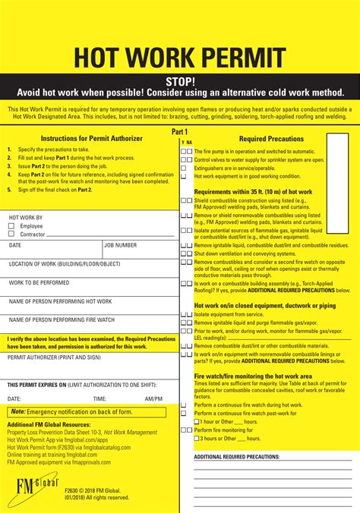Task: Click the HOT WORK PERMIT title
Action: pyautogui.click(x=179, y=58)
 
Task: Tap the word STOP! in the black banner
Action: pyautogui.click(x=180, y=81)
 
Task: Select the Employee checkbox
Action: pyautogui.click(x=11, y=226)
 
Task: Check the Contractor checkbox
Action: pyautogui.click(x=11, y=234)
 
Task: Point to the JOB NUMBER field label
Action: pyautogui.click(x=121, y=245)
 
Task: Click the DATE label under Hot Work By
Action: pyautogui.click(x=15, y=245)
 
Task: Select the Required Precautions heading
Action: pyautogui.click(x=271, y=139)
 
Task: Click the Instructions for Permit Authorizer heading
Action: pyautogui.click(x=91, y=139)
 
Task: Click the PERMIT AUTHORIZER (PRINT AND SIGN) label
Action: pyautogui.click(x=54, y=357)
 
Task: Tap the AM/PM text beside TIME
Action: pyautogui.click(x=153, y=398)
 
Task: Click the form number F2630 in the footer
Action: pyautogui.click(x=74, y=490)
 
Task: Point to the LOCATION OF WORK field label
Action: pyautogui.click(x=65, y=264)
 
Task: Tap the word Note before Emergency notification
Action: pyautogui.click(x=18, y=411)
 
